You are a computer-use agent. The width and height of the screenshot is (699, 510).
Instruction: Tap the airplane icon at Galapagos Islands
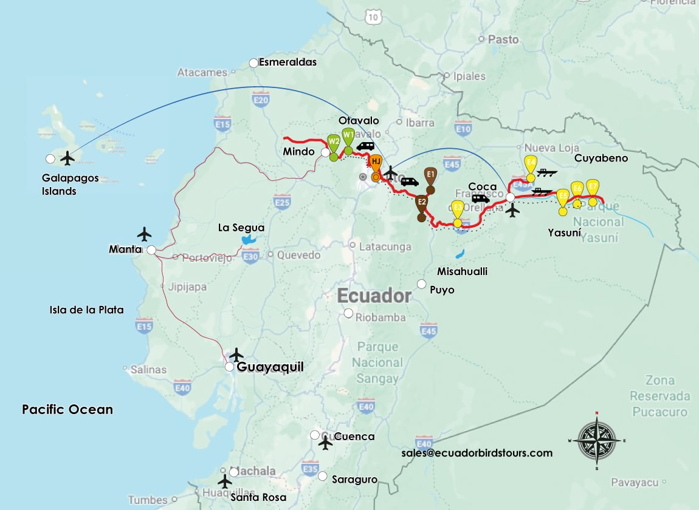click(67, 158)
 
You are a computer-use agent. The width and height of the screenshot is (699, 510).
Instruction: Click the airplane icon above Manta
click(144, 234)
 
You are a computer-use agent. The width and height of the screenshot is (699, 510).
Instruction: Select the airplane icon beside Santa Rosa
click(225, 481)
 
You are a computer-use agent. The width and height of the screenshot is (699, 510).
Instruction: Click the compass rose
click(596, 440)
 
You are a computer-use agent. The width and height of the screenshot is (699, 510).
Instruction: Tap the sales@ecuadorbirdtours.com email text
click(477, 453)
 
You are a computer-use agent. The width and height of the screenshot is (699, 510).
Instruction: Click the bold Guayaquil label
click(269, 367)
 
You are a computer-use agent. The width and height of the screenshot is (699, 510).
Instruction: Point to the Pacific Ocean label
click(67, 409)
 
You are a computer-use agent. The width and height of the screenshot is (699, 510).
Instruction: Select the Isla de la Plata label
click(86, 310)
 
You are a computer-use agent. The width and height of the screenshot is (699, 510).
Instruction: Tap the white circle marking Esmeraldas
click(253, 63)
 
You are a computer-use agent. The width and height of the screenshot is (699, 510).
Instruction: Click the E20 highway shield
click(261, 100)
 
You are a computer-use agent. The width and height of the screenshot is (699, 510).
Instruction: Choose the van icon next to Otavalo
click(365, 146)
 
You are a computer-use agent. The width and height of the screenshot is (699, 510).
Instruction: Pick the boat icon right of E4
click(548, 173)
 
